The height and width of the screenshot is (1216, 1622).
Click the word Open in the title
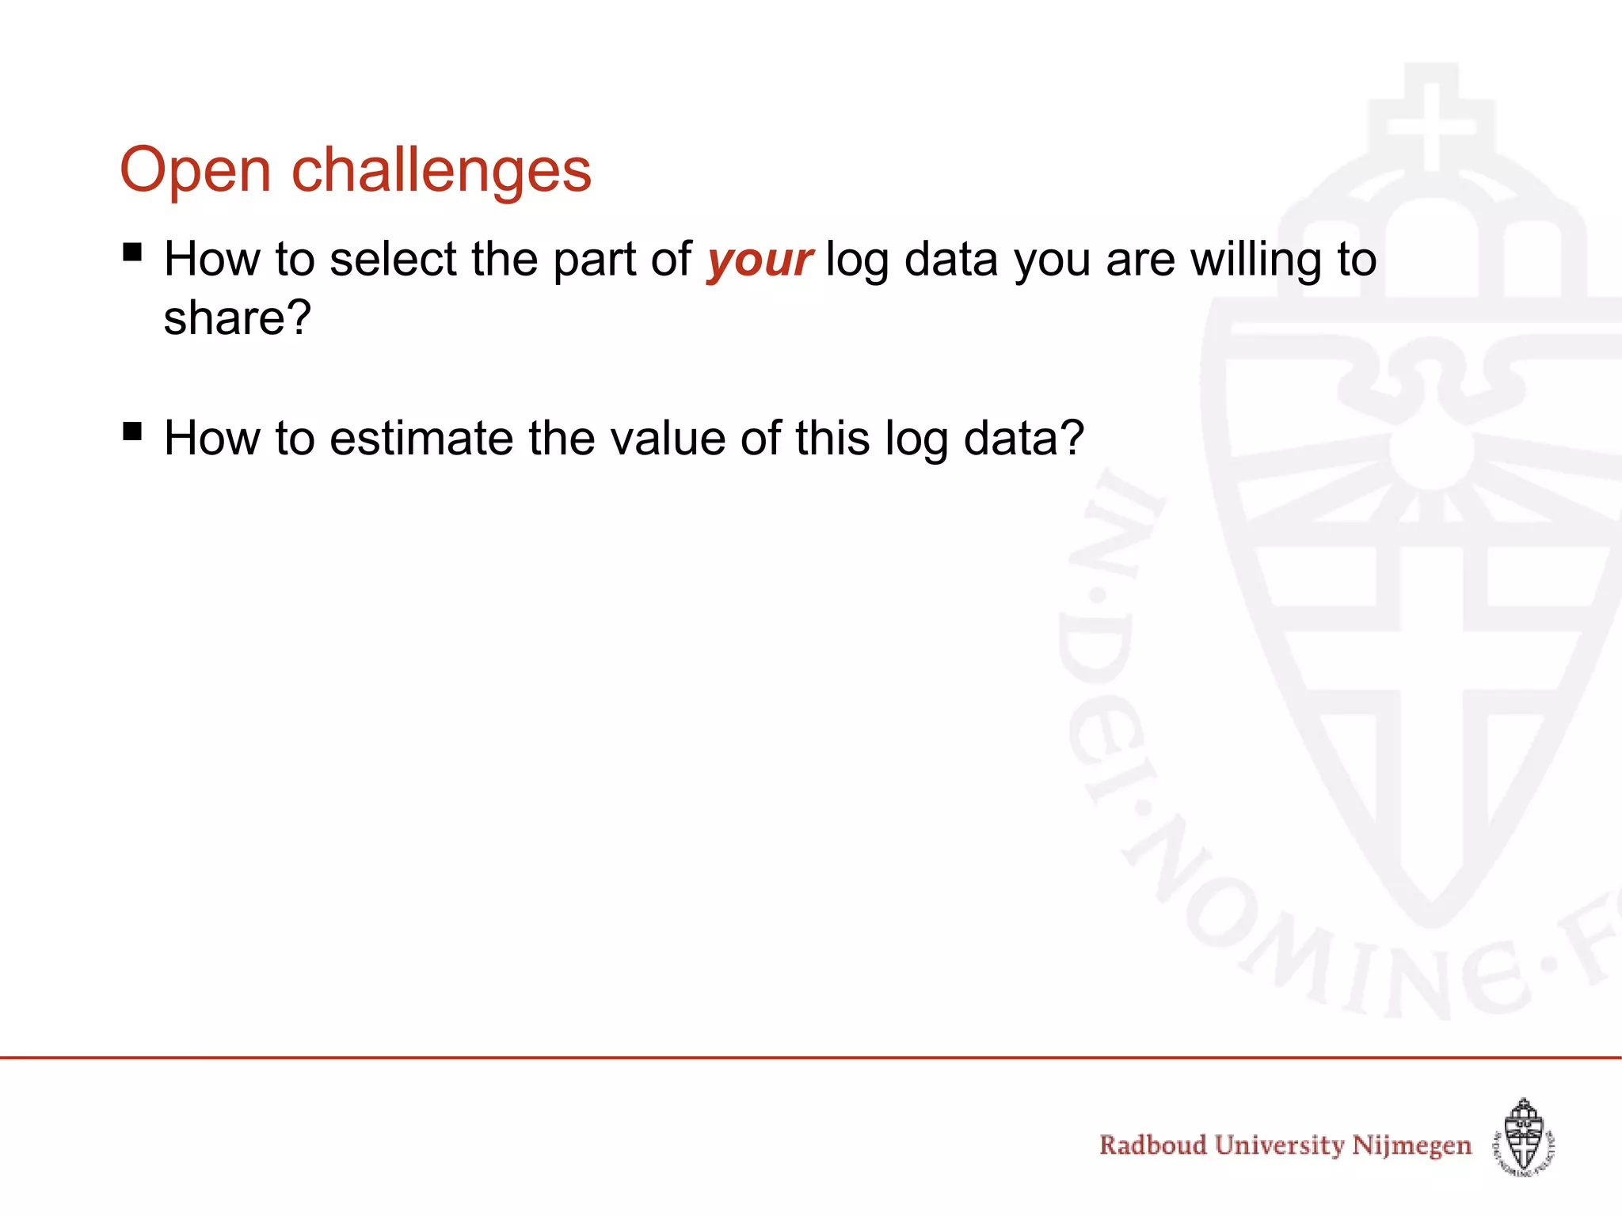click(195, 170)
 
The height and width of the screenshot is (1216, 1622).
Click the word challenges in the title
click(441, 172)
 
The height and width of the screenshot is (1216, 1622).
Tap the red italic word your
click(759, 260)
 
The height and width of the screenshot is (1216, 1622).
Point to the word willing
click(1256, 260)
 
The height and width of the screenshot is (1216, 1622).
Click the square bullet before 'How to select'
click(132, 253)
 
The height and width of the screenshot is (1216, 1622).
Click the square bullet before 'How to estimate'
click(132, 431)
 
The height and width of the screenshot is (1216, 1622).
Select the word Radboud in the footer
click(1152, 1145)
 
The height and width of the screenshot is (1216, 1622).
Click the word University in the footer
click(1279, 1146)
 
